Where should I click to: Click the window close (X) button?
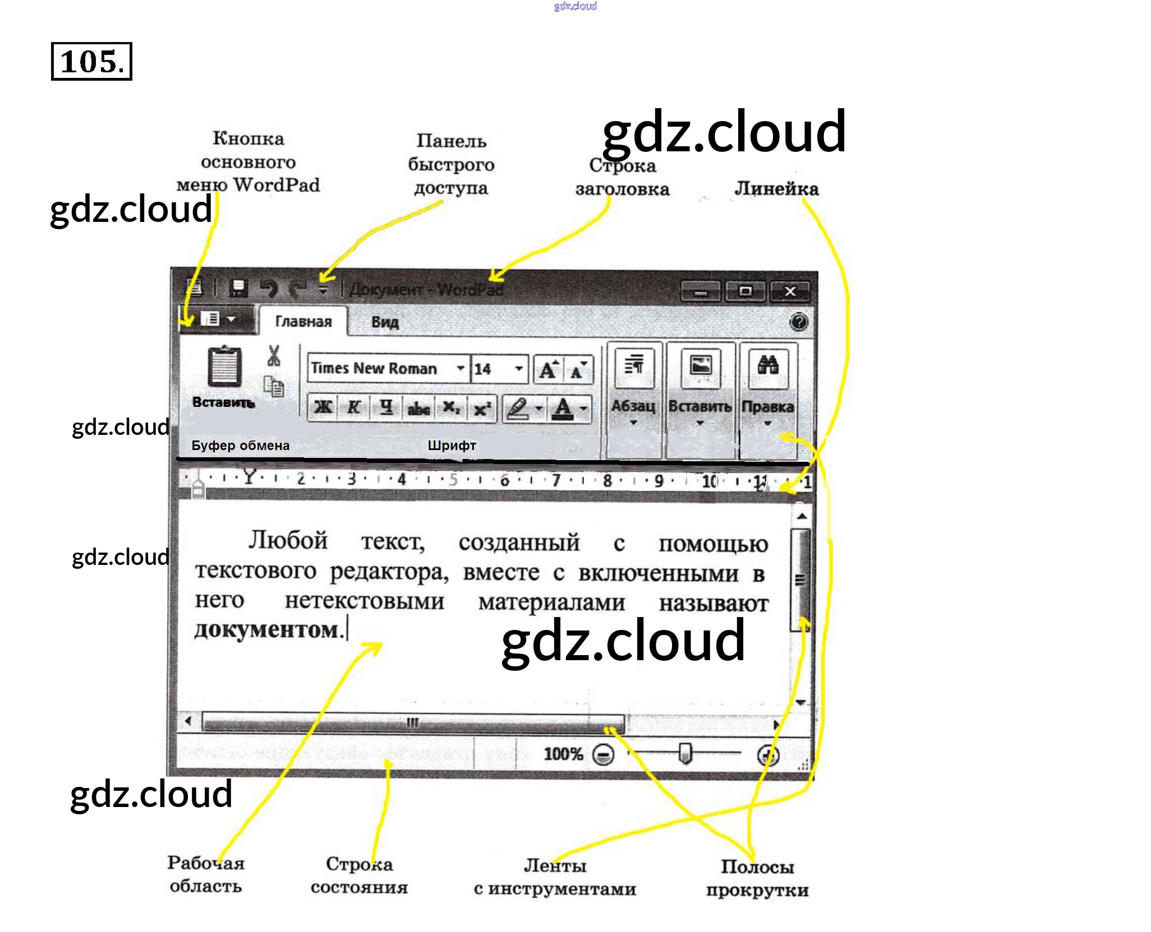[790, 291]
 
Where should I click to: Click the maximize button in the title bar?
[745, 291]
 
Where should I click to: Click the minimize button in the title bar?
[700, 292]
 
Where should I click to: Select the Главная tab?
[303, 321]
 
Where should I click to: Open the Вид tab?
[385, 322]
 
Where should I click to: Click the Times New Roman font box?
[375, 368]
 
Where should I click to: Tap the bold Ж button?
[323, 407]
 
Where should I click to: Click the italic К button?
[354, 407]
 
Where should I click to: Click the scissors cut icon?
[274, 356]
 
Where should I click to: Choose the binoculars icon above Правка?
[767, 366]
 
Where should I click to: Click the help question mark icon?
[798, 322]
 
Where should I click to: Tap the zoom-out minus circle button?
[604, 755]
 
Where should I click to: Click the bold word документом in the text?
[267, 630]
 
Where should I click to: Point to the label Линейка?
[776, 189]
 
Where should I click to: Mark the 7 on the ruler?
[556, 480]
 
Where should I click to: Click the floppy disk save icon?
[239, 288]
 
